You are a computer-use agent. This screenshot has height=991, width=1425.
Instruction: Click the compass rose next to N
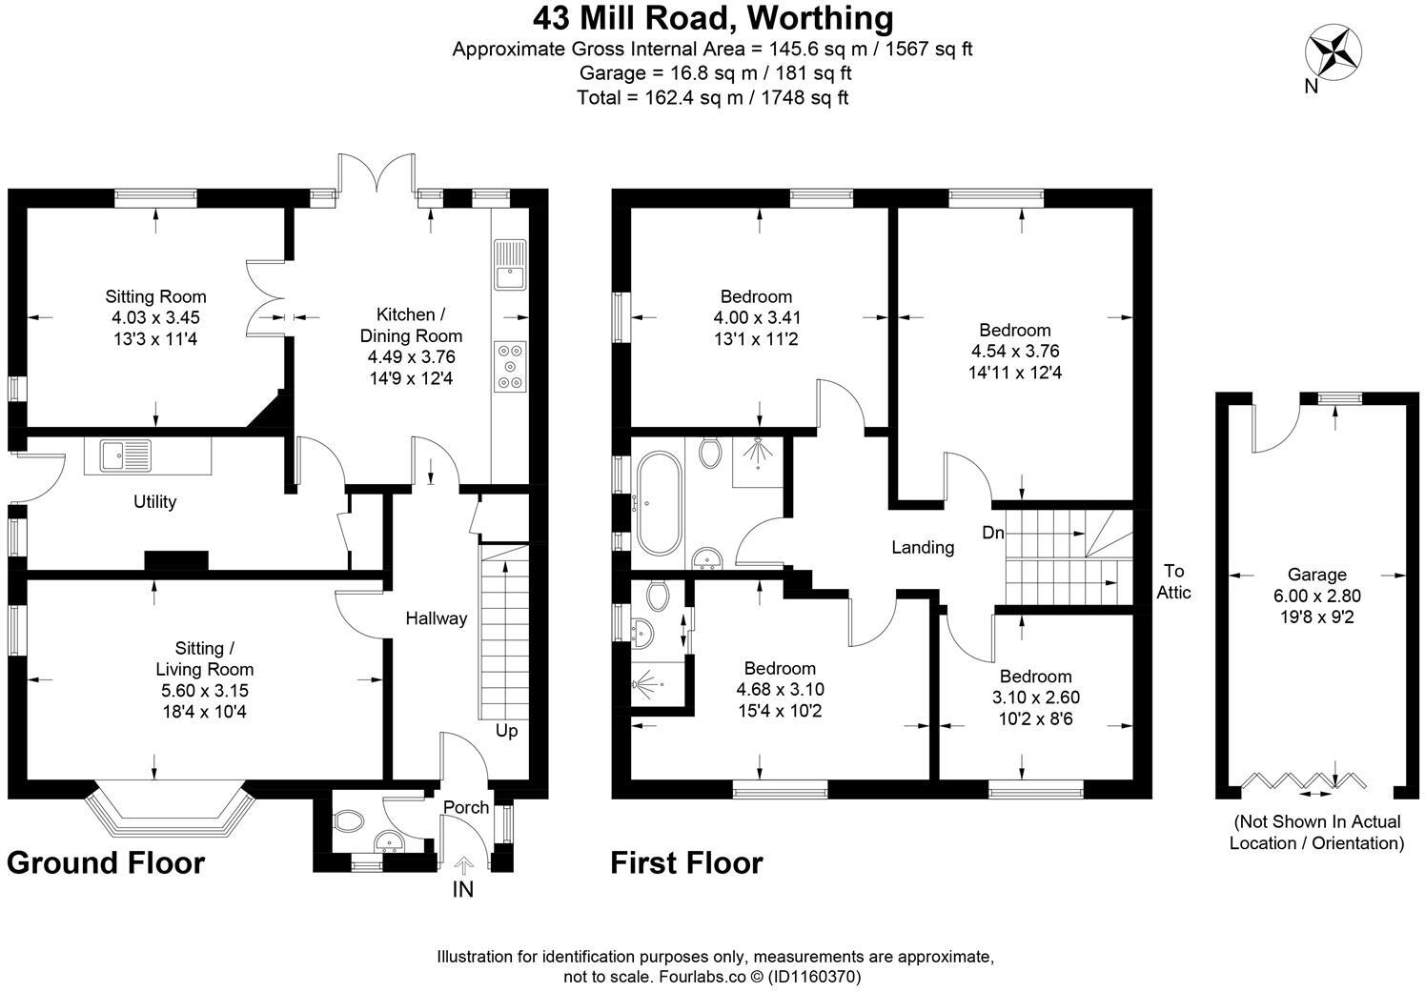coord(1333,52)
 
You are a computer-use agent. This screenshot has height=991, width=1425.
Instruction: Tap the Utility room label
coord(154,502)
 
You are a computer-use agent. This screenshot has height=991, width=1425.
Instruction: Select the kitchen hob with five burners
coord(510,366)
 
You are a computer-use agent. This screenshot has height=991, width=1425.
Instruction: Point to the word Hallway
coord(437,618)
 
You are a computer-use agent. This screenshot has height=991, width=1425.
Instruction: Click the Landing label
coord(923,548)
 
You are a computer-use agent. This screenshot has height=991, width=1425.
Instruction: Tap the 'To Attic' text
coord(1173,581)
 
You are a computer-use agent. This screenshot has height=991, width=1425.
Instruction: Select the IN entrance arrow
coord(464,865)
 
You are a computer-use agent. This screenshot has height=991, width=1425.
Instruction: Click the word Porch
coord(466,807)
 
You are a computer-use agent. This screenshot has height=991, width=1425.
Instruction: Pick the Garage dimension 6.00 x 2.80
coord(1317,596)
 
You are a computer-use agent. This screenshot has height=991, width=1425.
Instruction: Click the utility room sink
coord(125,455)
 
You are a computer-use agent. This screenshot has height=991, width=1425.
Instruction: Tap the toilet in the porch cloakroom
coord(347,820)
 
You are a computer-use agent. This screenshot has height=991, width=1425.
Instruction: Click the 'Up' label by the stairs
coord(506,731)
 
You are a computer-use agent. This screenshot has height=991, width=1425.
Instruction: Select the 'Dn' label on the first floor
coord(993,533)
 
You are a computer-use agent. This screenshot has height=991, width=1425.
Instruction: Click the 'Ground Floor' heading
coord(106,863)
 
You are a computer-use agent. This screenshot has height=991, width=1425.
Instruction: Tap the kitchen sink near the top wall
coord(510,265)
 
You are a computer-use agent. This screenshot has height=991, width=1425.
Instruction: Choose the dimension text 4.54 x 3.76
coord(1015,351)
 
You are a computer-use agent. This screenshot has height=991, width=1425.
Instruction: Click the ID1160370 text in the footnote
coord(816,977)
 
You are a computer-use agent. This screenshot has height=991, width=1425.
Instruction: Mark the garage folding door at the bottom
coord(1303,780)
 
